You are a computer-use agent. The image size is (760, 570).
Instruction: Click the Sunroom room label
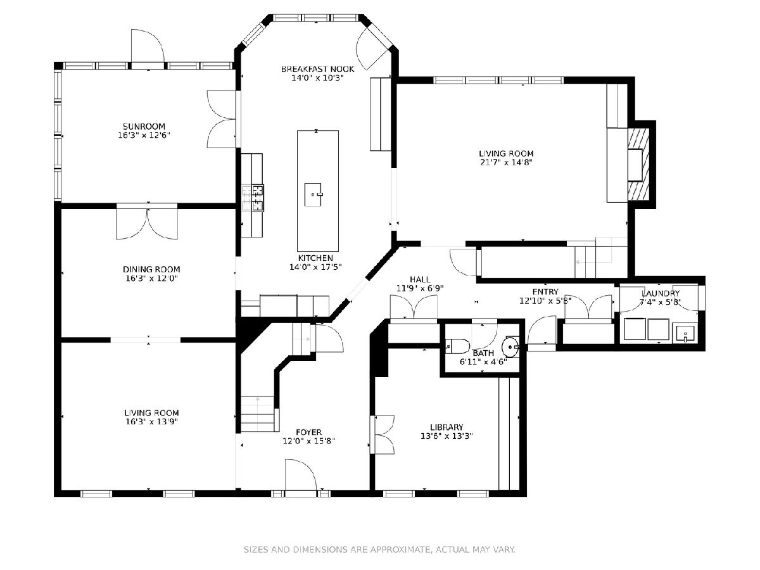(144, 126)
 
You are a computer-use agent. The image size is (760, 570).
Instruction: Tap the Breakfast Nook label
(317, 69)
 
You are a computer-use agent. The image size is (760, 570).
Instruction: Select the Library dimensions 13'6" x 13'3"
(446, 436)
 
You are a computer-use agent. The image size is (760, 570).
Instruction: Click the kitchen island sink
(313, 194)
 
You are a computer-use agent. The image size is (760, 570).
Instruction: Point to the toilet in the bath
(457, 345)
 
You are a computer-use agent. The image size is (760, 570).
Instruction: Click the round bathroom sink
(510, 346)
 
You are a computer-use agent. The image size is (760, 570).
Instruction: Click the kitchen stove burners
(253, 198)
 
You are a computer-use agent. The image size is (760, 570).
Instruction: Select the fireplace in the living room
(639, 165)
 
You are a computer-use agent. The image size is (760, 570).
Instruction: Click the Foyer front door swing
(301, 475)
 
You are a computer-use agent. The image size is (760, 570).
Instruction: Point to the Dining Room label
(151, 269)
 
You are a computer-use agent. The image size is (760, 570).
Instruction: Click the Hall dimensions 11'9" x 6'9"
(420, 288)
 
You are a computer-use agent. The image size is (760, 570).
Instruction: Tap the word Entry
(545, 292)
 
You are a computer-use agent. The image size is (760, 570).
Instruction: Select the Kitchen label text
(315, 258)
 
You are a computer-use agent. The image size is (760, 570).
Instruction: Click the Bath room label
(483, 353)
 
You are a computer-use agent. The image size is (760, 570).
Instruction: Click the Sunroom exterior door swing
(148, 46)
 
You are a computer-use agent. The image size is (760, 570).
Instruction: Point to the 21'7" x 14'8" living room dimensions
(506, 162)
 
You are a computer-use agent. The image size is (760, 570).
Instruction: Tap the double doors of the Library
(383, 434)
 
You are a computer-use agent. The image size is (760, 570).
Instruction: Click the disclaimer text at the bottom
(379, 549)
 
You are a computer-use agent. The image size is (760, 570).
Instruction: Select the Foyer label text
(308, 433)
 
